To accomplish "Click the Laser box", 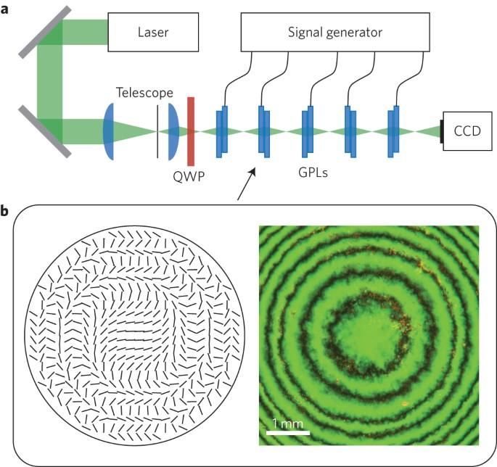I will [x=152, y=33].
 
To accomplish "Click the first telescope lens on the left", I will [x=108, y=131].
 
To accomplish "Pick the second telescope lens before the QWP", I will [x=173, y=131].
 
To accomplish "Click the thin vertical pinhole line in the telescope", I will [x=157, y=131].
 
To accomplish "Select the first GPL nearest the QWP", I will [x=223, y=131].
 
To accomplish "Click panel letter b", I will [x=6, y=212].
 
